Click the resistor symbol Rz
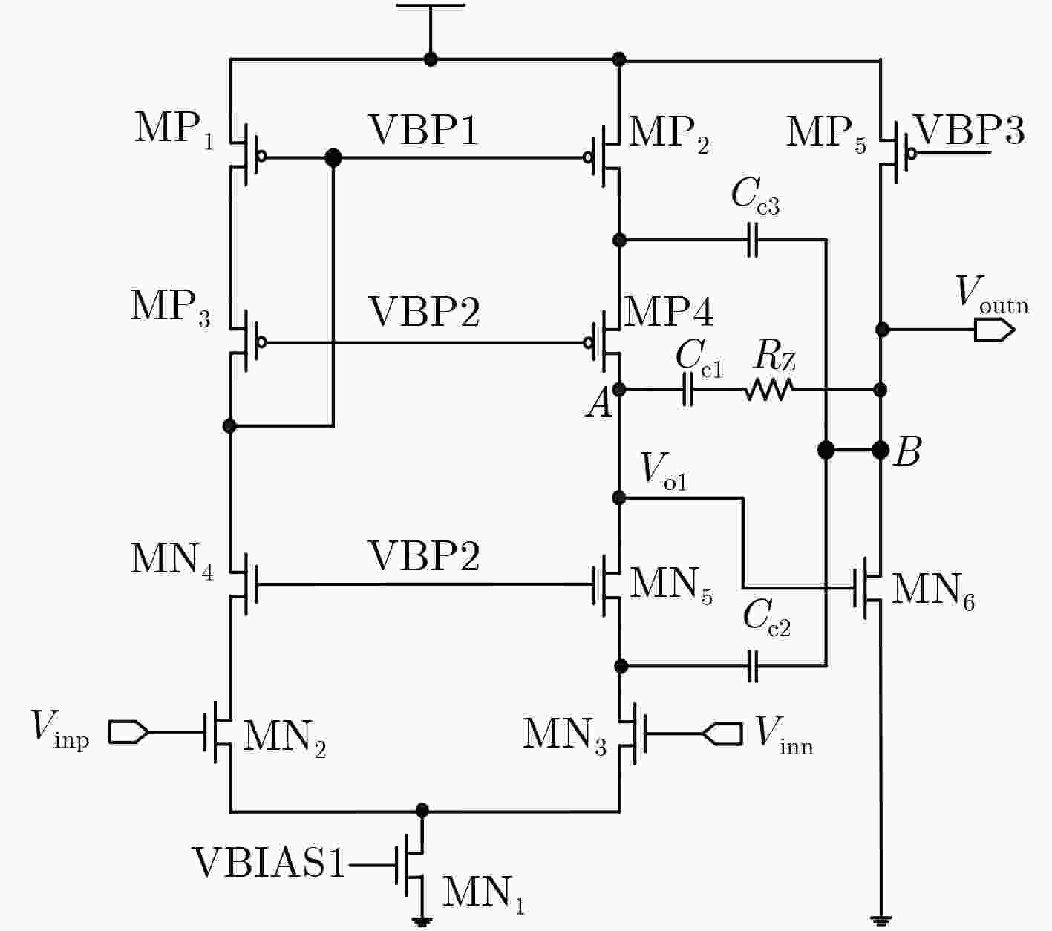(x=769, y=390)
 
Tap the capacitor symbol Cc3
(x=752, y=240)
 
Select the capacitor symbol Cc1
(x=687, y=390)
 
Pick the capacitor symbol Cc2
(x=753, y=666)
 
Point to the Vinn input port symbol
(x=722, y=734)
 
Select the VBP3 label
(x=970, y=130)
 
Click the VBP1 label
(x=424, y=130)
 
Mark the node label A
(x=600, y=404)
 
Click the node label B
(x=908, y=451)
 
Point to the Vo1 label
(x=664, y=471)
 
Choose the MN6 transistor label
(x=933, y=593)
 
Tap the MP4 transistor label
(x=668, y=311)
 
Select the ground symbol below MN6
(x=880, y=921)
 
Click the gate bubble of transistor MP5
(x=911, y=154)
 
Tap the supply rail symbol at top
(x=430, y=5)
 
